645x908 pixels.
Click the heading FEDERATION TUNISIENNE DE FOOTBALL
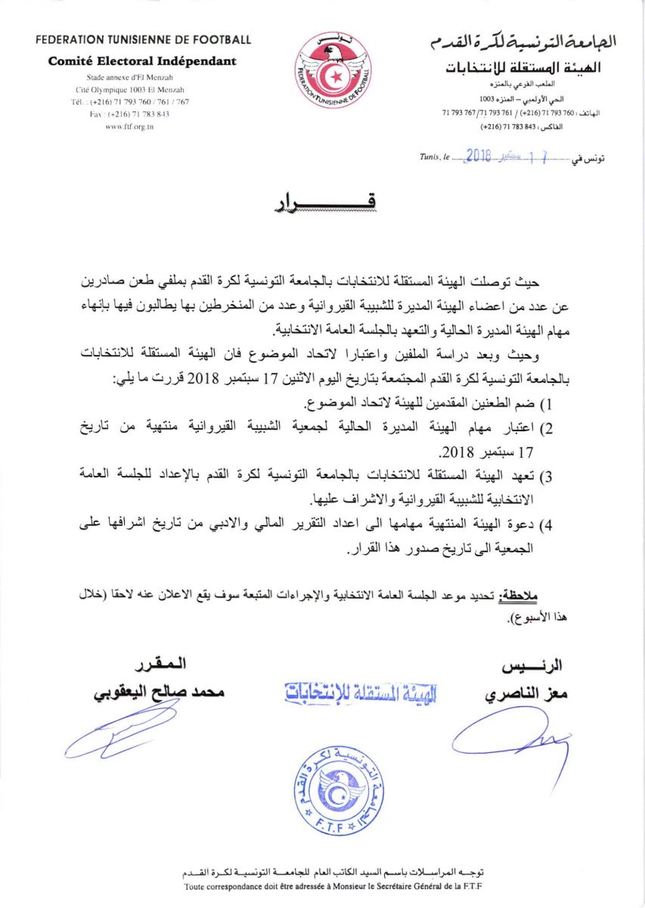coord(143,39)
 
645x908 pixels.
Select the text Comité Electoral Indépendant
coord(143,61)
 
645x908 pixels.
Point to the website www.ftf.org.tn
coord(129,126)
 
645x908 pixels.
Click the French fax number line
coord(129,113)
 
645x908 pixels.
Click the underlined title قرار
coord(322,203)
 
